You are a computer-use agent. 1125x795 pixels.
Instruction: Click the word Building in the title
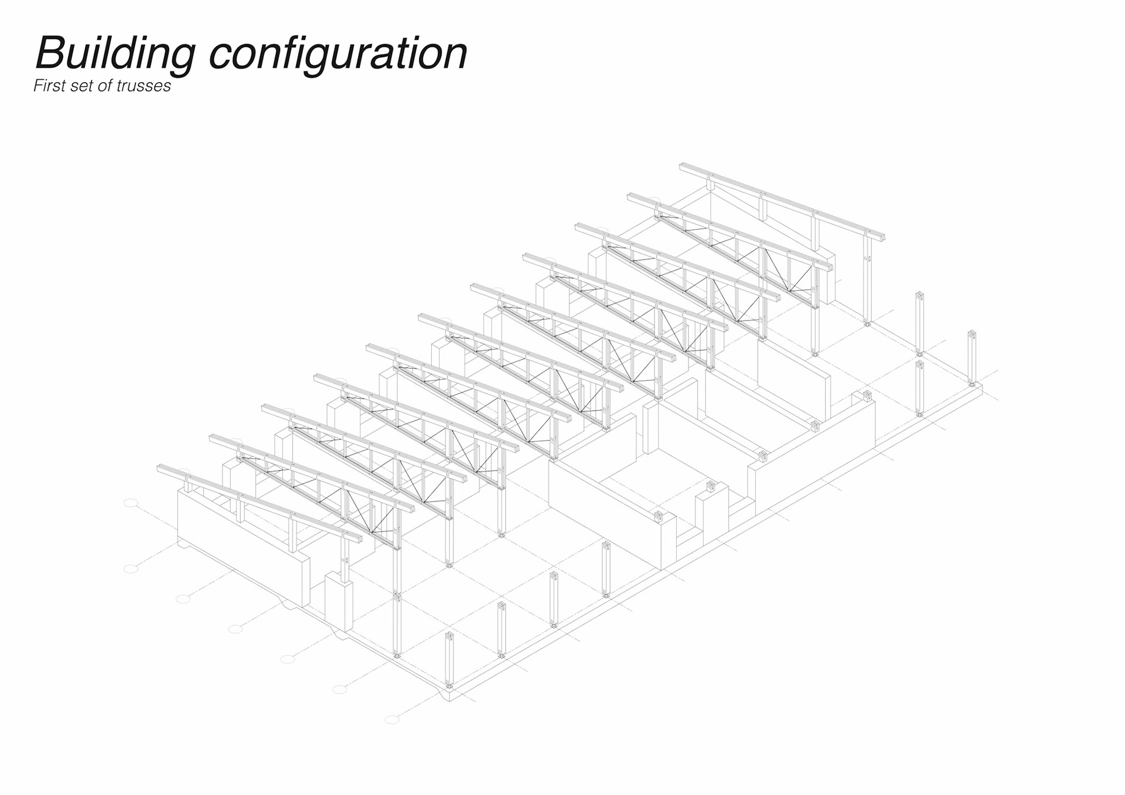(x=115, y=54)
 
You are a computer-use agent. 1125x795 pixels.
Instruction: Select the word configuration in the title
(x=338, y=54)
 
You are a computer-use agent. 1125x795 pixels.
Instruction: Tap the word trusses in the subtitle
(x=144, y=86)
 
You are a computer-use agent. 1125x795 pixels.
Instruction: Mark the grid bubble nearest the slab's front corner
(x=392, y=719)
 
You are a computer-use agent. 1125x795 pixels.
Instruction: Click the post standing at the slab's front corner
(x=449, y=659)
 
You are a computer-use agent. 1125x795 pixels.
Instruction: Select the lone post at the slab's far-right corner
(x=971, y=357)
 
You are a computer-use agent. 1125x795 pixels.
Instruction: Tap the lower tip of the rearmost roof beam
(x=882, y=237)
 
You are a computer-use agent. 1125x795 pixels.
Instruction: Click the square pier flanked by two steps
(x=711, y=513)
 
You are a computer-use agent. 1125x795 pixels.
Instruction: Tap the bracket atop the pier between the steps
(x=711, y=486)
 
